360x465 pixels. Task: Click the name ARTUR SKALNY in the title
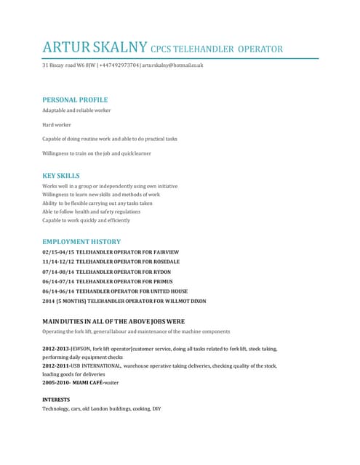95,49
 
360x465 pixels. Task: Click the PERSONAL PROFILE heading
75,100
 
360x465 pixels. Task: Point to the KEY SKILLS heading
61,176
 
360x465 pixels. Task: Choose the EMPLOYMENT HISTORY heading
81,241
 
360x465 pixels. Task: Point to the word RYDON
159,271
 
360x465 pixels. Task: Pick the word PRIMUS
161,281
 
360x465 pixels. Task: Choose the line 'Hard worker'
57,124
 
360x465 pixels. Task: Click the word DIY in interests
156,409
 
